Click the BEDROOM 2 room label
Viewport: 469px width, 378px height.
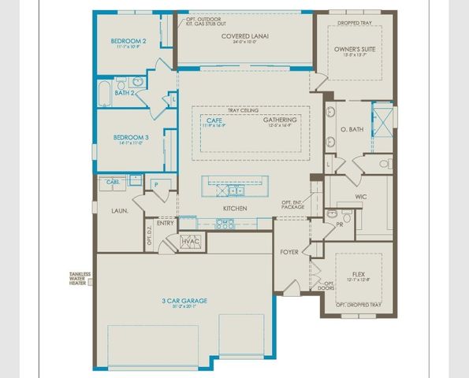click(x=128, y=41)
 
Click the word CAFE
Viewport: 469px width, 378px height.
click(x=214, y=120)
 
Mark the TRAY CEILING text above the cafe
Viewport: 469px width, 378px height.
click(x=244, y=109)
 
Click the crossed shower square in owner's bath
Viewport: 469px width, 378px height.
click(x=382, y=121)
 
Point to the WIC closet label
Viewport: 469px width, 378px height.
click(x=361, y=196)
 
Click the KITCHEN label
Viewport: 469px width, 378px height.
click(x=235, y=208)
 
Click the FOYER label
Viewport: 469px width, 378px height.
click(x=289, y=252)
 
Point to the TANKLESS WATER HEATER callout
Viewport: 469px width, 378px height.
click(x=80, y=279)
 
